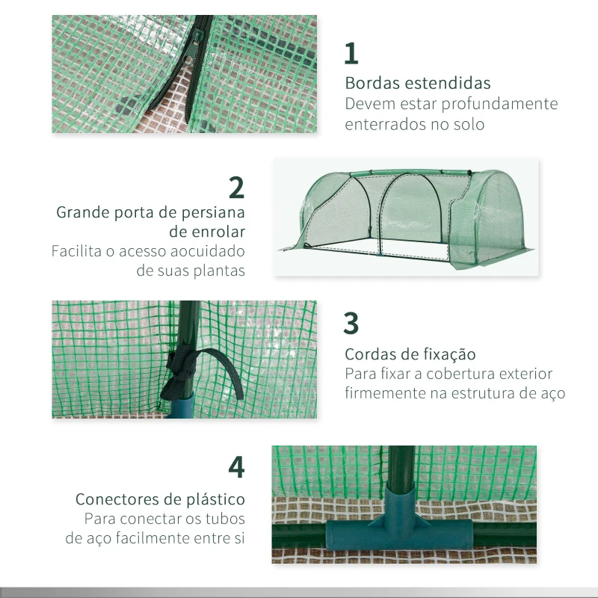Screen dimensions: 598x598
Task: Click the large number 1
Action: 351,54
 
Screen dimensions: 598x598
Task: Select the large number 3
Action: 351,323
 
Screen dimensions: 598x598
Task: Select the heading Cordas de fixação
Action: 410,354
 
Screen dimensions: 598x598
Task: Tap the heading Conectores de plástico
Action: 160,499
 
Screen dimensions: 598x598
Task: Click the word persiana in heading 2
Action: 211,212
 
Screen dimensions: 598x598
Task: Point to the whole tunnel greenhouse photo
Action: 406,217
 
